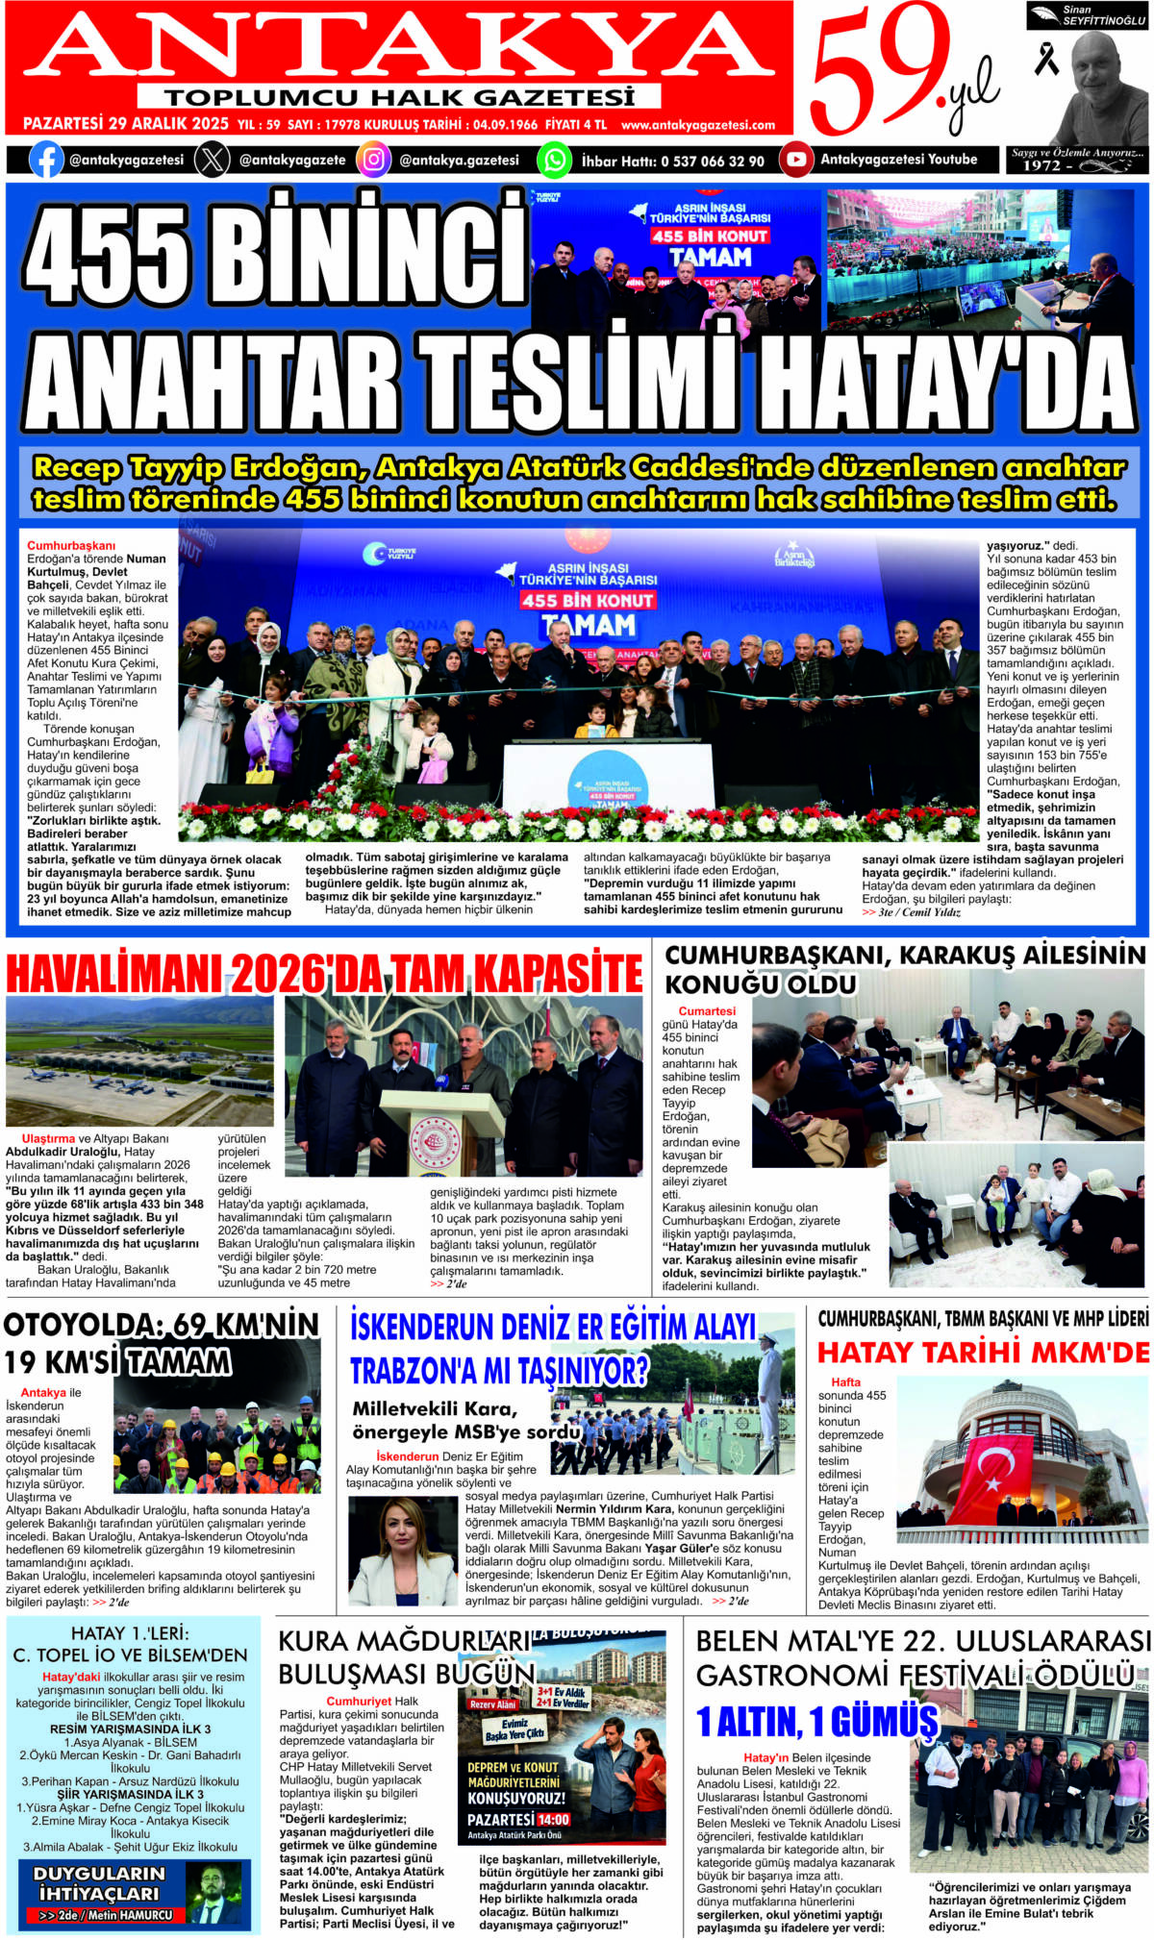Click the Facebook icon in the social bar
pyautogui.click(x=46, y=160)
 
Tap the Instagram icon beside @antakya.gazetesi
pyautogui.click(x=373, y=160)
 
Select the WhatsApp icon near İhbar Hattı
pyautogui.click(x=554, y=160)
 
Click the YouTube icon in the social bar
pyautogui.click(x=795, y=160)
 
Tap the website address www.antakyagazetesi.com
pyautogui.click(x=697, y=125)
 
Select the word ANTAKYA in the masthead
pyautogui.click(x=399, y=46)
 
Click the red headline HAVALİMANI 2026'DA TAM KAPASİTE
pyautogui.click(x=324, y=973)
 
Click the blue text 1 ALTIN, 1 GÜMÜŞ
pyautogui.click(x=816, y=1721)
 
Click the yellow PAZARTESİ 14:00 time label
pyautogui.click(x=518, y=1819)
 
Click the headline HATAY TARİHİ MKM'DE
pyautogui.click(x=983, y=1353)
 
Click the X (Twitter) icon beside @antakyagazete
pyautogui.click(x=212, y=160)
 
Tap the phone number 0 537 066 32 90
pyautogui.click(x=713, y=162)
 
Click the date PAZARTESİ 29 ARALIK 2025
pyautogui.click(x=125, y=124)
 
